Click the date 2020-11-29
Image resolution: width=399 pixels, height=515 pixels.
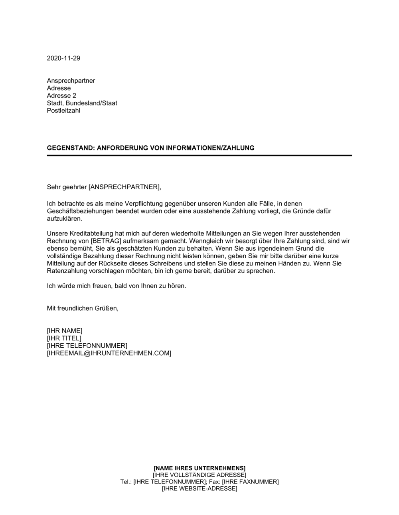[63, 58]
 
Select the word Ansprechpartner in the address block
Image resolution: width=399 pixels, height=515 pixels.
[71, 81]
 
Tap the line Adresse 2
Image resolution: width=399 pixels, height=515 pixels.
[61, 96]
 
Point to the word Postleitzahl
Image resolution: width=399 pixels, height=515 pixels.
[63, 111]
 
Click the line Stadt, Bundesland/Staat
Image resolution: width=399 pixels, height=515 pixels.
[82, 103]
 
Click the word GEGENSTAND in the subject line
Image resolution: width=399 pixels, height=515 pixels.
[69, 148]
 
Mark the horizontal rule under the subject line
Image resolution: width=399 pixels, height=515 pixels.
[199, 155]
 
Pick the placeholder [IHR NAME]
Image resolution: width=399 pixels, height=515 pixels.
[65, 331]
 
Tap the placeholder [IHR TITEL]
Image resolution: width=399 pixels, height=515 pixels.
[64, 338]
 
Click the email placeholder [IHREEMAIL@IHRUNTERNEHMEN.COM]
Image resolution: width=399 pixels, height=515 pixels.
[109, 353]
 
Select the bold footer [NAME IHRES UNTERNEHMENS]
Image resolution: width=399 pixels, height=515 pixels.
[199, 468]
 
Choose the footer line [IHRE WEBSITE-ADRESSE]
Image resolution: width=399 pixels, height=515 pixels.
[199, 489]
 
